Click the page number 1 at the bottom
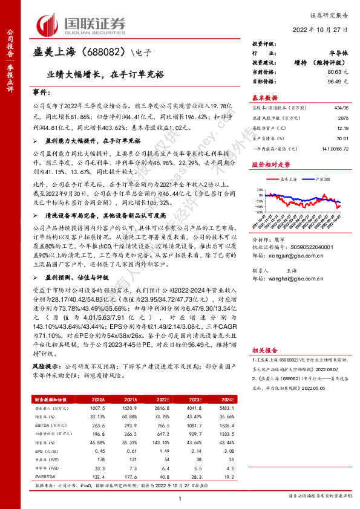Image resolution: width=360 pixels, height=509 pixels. tap(180, 498)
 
